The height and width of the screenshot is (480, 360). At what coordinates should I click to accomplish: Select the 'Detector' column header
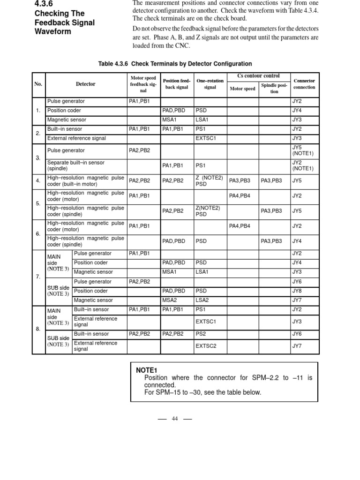pyautogui.click(x=85, y=84)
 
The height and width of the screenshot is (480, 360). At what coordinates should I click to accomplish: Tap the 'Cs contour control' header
pyautogui.click(x=258, y=76)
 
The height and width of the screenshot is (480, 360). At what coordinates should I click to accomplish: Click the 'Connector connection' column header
pyautogui.click(x=304, y=84)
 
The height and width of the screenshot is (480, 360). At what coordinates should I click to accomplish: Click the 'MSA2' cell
pyautogui.click(x=169, y=300)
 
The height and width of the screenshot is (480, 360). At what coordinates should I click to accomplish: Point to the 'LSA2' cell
pyautogui.click(x=202, y=300)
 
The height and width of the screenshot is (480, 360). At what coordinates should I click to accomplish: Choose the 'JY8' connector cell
pyautogui.click(x=297, y=291)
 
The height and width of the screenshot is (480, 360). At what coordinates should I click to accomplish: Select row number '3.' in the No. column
pyautogui.click(x=38, y=158)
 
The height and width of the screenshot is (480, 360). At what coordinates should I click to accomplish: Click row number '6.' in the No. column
pyautogui.click(x=38, y=233)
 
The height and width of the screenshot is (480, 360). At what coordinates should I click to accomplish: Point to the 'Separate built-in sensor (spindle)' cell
pyautogui.click(x=75, y=165)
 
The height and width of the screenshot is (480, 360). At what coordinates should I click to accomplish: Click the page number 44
pyautogui.click(x=175, y=419)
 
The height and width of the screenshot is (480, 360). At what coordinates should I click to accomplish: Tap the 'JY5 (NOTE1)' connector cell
pyautogui.click(x=302, y=150)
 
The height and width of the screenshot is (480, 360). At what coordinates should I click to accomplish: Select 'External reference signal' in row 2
pyautogui.click(x=76, y=138)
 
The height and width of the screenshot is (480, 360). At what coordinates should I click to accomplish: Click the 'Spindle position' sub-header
pyautogui.click(x=274, y=89)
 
